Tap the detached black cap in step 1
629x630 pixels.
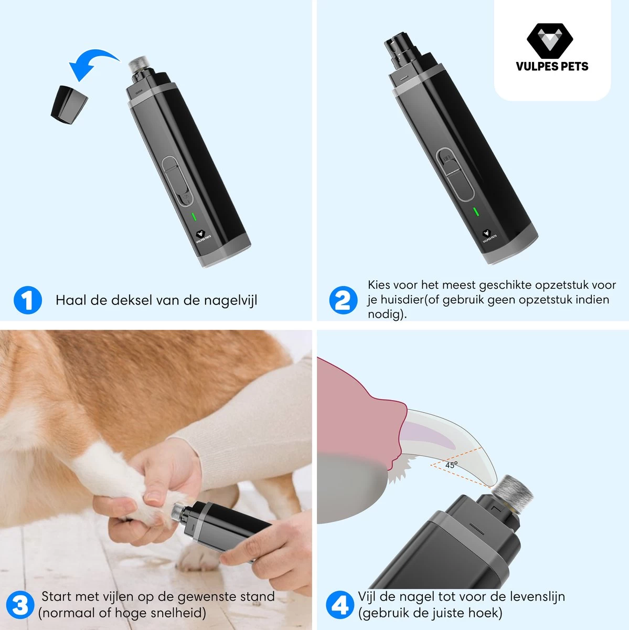tap(69, 105)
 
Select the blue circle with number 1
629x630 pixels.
tap(28, 300)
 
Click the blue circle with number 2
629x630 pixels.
tap(343, 300)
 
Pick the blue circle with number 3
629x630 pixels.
tap(20, 605)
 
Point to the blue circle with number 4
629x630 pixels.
tap(340, 605)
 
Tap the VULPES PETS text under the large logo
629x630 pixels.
tap(552, 66)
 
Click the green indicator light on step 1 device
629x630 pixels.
tap(194, 216)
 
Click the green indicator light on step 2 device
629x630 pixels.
tap(476, 212)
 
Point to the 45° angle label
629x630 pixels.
tap(451, 465)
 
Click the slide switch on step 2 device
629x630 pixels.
tap(454, 174)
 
